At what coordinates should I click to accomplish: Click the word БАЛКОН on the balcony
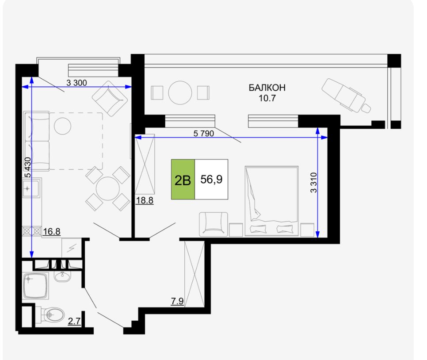pyautogui.click(x=267, y=88)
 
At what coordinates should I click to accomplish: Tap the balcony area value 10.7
pyautogui.click(x=267, y=98)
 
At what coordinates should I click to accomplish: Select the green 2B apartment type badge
pyautogui.click(x=183, y=179)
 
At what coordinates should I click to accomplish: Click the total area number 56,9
pyautogui.click(x=211, y=179)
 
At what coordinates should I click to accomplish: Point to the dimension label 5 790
pyautogui.click(x=203, y=134)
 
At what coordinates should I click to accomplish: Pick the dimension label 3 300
pyautogui.click(x=76, y=83)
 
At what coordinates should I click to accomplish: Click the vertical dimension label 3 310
pyautogui.click(x=314, y=183)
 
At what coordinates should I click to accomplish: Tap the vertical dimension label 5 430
pyautogui.click(x=28, y=167)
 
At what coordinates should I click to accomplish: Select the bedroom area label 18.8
pyautogui.click(x=145, y=201)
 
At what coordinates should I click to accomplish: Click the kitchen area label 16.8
pyautogui.click(x=52, y=232)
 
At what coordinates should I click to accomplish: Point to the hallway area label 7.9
pyautogui.click(x=177, y=302)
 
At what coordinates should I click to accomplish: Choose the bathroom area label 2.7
pyautogui.click(x=74, y=321)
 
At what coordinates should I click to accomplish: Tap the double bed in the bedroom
pyautogui.click(x=271, y=201)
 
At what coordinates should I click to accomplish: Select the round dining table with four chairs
pyautogui.click(x=107, y=188)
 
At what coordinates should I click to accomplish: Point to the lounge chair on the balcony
pyautogui.click(x=346, y=96)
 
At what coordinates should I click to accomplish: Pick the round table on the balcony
pyautogui.click(x=180, y=93)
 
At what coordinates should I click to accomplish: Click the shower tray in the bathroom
pyautogui.click(x=35, y=286)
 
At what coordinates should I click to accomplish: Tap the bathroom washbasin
pyautogui.click(x=62, y=276)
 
